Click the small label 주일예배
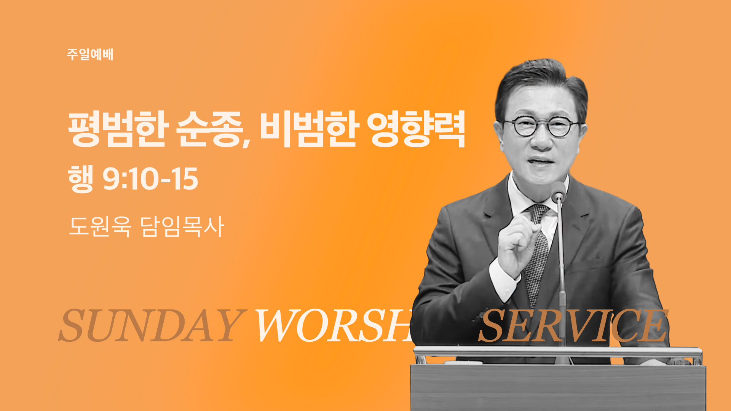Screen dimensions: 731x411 coord(90,54)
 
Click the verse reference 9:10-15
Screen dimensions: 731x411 coord(151,179)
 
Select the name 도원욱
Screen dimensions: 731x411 coord(100,226)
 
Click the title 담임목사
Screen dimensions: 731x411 coord(182,226)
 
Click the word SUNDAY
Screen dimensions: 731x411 coord(151,325)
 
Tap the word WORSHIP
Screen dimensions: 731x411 coord(335,325)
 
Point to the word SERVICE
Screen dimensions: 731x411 coord(573,325)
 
